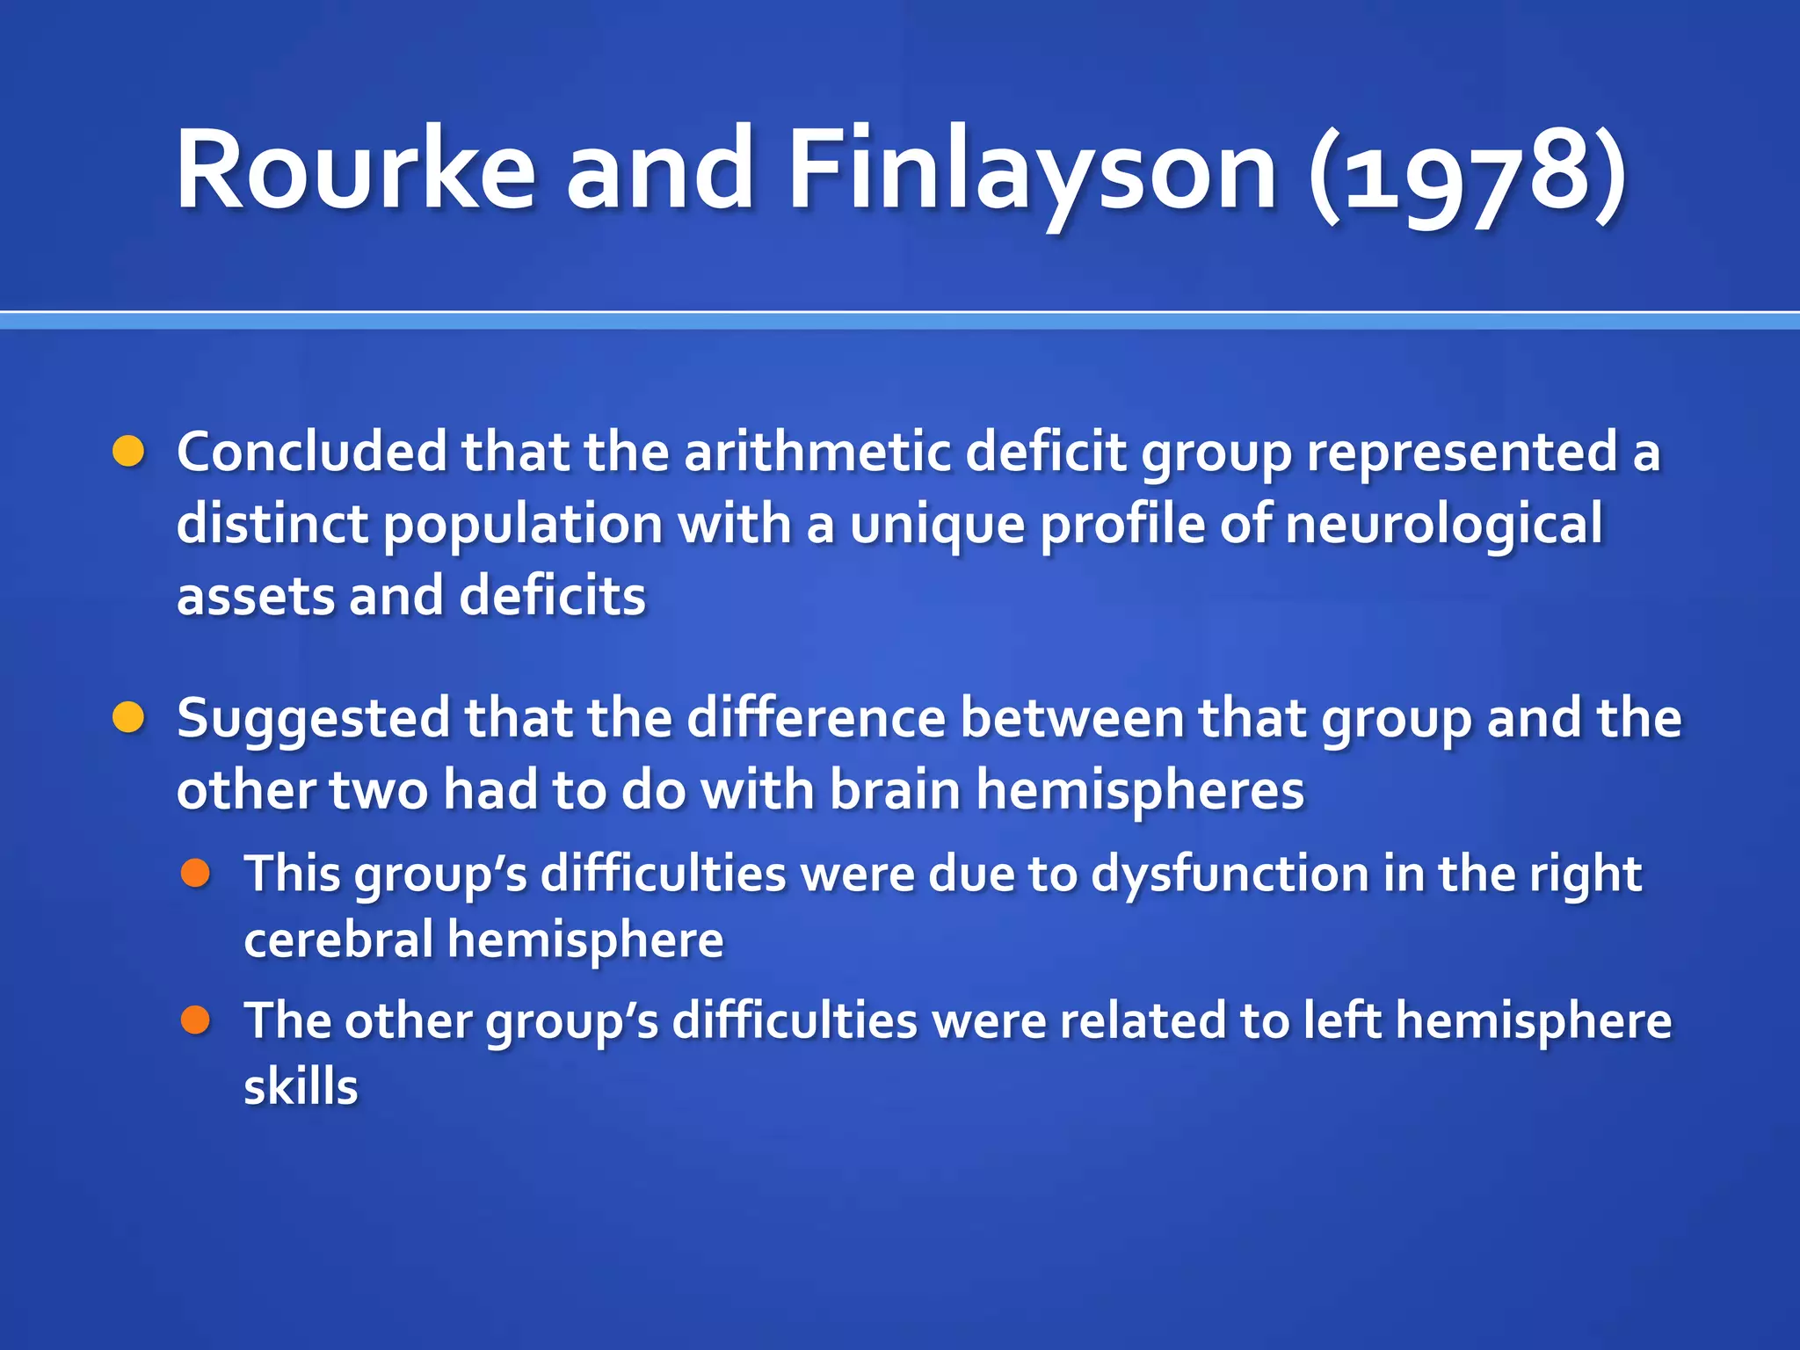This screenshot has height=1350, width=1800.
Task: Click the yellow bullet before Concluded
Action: click(x=128, y=452)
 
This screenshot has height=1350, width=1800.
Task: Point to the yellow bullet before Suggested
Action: click(x=128, y=717)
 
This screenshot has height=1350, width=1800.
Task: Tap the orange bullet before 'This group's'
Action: click(x=195, y=873)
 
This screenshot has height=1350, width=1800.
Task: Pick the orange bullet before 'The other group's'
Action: click(x=195, y=1020)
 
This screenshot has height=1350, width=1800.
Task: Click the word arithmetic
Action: click(x=817, y=452)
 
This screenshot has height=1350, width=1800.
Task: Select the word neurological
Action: click(x=1443, y=525)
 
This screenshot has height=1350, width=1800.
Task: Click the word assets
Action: click(x=255, y=597)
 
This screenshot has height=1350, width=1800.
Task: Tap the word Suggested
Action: click(x=313, y=719)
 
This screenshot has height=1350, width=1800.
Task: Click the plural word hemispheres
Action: click(x=1140, y=790)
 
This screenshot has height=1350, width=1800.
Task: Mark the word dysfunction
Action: click(x=1229, y=875)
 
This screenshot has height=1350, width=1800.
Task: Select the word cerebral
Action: click(x=338, y=940)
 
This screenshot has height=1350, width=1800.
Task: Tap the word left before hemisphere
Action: click(x=1341, y=1021)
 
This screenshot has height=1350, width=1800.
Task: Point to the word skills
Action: click(x=301, y=1087)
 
